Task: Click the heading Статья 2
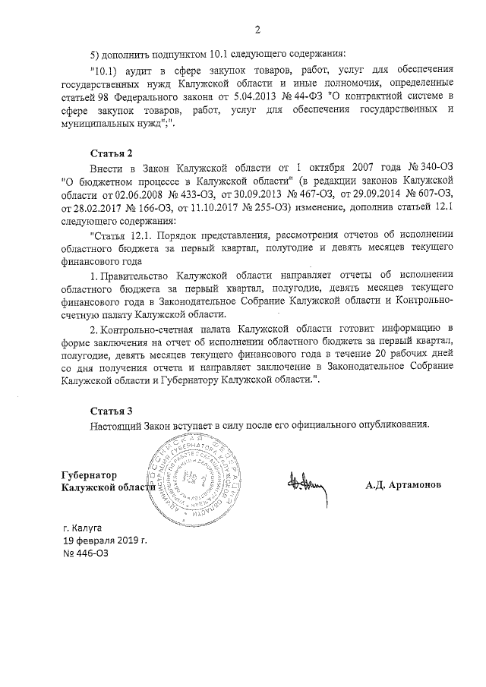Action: click(x=112, y=153)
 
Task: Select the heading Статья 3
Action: click(x=112, y=410)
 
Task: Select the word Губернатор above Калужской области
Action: click(x=90, y=474)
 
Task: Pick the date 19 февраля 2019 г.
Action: click(x=105, y=539)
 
